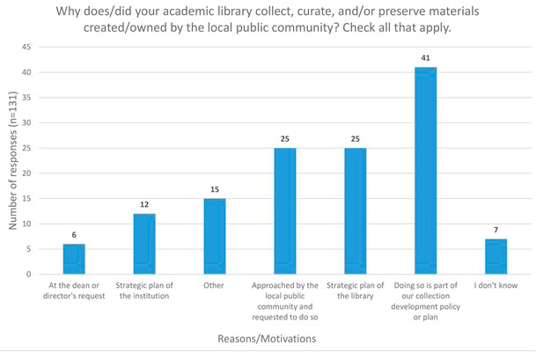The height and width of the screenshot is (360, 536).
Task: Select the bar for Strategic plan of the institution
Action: click(x=143, y=244)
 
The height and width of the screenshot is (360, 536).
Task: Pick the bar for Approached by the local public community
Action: click(x=285, y=211)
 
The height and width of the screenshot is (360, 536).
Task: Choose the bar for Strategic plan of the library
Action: click(x=356, y=211)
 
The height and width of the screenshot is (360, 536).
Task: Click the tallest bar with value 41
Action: click(x=425, y=171)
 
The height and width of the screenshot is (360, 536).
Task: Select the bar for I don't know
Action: click(x=496, y=256)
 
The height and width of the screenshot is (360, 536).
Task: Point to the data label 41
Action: click(x=425, y=59)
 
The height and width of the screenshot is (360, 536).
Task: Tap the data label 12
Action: click(x=143, y=205)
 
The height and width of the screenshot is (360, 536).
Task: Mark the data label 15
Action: click(x=214, y=190)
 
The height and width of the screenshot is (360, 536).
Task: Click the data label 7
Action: click(x=496, y=231)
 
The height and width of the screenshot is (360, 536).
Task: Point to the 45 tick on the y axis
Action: click(x=28, y=47)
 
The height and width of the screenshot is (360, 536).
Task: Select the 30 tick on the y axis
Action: click(x=28, y=122)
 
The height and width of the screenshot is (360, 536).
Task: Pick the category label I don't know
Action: click(x=496, y=285)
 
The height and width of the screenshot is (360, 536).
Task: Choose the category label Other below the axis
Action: click(x=214, y=285)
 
